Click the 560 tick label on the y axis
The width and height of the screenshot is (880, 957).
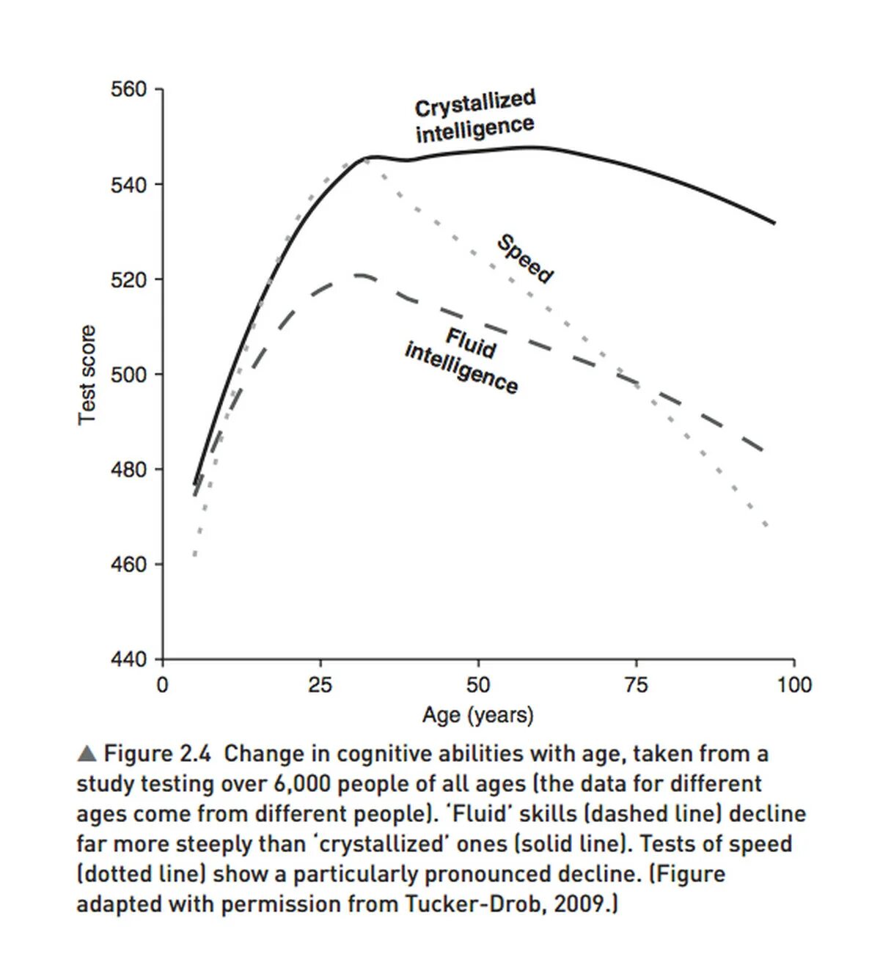(129, 90)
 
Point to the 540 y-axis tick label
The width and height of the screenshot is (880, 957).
(129, 185)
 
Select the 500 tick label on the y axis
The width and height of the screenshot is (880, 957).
(129, 375)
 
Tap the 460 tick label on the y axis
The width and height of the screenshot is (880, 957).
(129, 565)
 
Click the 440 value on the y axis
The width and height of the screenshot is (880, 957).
(129, 659)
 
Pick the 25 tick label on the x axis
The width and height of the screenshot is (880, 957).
(320, 686)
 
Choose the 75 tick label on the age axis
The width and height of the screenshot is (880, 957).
(636, 686)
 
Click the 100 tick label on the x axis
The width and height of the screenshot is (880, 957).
(794, 686)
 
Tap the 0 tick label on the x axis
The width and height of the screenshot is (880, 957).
(162, 686)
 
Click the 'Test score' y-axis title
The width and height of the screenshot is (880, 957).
(87, 375)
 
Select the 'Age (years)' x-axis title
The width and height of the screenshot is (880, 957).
(478, 715)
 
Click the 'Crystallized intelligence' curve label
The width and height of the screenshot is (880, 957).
(475, 117)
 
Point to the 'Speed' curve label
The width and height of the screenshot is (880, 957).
(525, 258)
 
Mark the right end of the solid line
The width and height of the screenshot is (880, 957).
(774, 223)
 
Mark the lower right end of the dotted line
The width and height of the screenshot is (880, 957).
(766, 526)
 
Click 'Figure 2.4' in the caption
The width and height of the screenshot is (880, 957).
(157, 754)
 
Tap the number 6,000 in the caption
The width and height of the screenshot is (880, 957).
(301, 784)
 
